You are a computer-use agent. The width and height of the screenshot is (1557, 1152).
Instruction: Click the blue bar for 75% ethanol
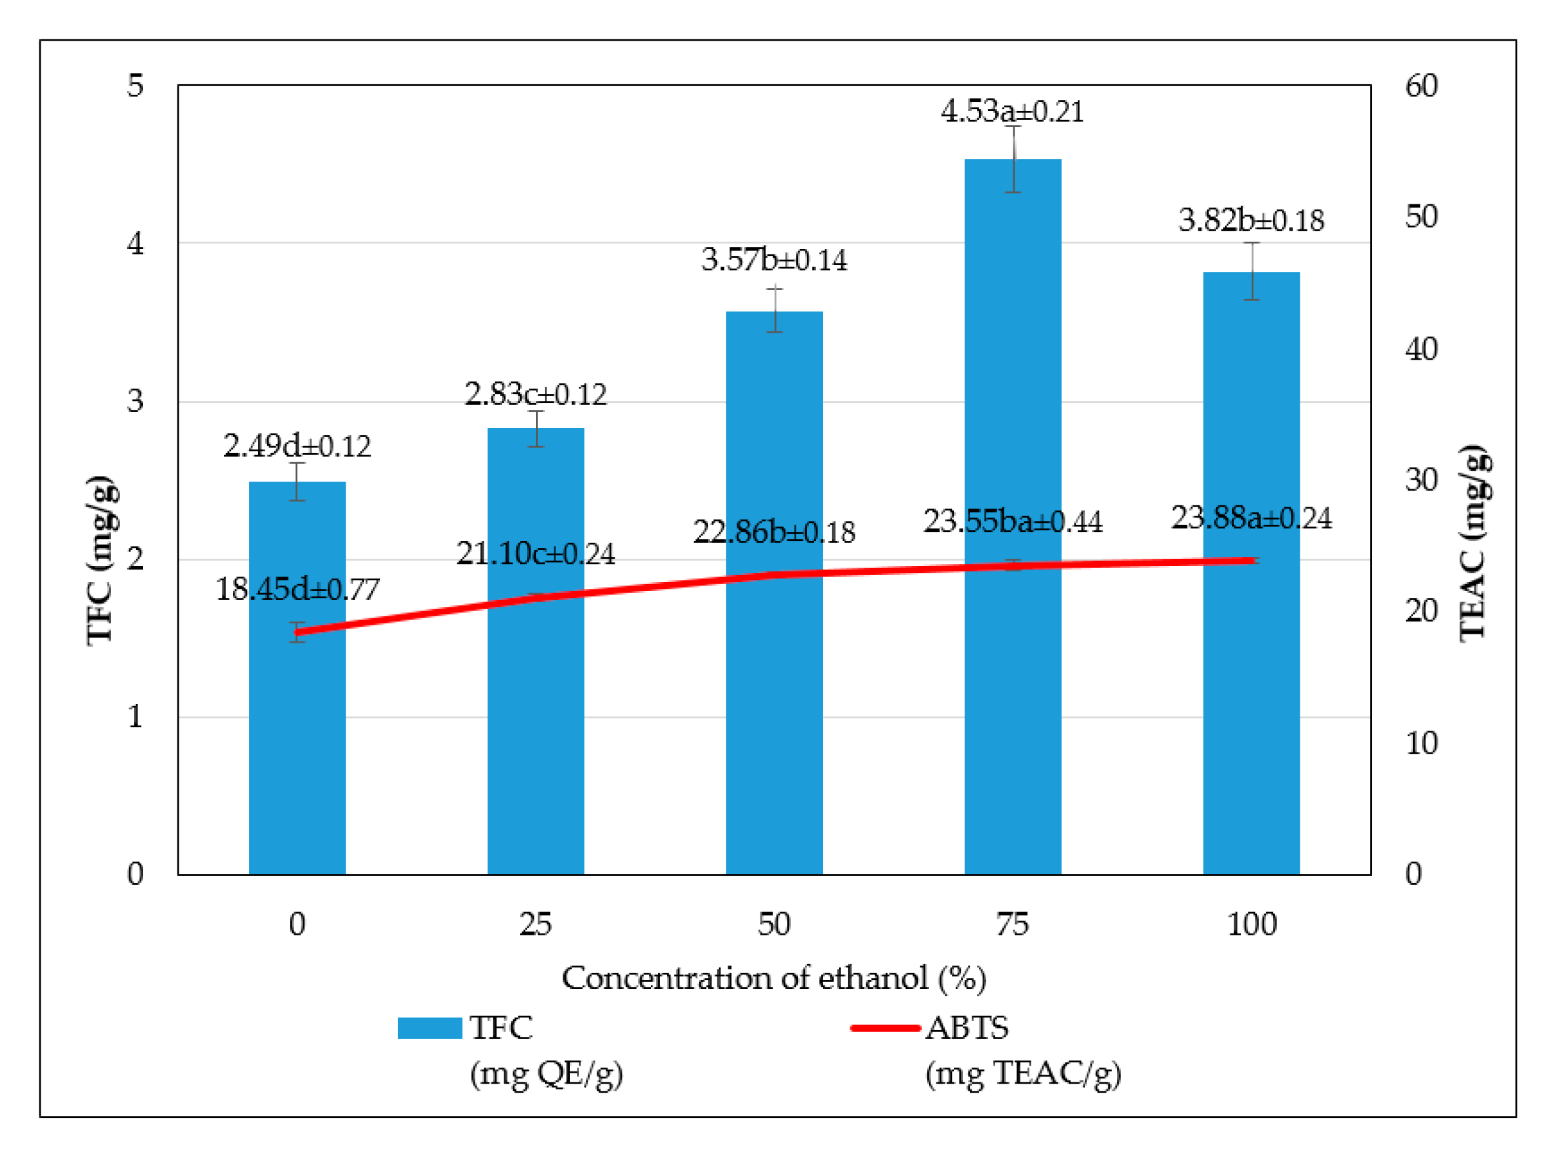1012,516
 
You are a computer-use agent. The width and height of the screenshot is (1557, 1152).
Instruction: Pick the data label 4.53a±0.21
1011,112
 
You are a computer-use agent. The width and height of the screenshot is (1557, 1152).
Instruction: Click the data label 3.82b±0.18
1251,220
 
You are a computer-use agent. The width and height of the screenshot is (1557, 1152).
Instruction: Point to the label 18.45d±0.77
297,590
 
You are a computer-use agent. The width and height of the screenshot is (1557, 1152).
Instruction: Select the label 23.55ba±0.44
1012,522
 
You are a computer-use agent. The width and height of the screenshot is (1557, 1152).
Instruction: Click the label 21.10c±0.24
535,554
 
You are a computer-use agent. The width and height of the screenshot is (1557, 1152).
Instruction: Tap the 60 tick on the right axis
1421,86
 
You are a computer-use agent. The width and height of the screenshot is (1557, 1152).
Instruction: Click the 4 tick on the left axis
135,244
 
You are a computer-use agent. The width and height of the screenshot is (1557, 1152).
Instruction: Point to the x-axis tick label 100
1251,924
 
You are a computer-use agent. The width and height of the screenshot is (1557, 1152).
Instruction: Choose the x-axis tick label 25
535,924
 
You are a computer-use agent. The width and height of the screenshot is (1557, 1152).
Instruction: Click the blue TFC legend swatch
430,1029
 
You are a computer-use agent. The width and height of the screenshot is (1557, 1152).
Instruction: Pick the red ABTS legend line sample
885,1029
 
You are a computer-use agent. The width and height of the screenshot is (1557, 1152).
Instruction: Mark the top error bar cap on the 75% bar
1012,126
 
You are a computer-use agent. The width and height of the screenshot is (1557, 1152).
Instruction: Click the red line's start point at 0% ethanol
298,632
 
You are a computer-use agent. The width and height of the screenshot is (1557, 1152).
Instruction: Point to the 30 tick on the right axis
1421,480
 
